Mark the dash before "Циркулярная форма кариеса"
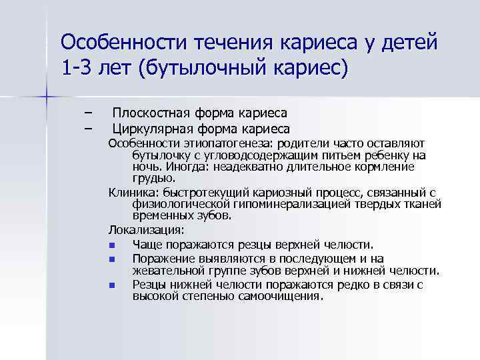[89, 128]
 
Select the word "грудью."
[154, 178]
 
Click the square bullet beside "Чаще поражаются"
[113, 245]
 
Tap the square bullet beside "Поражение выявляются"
[113, 259]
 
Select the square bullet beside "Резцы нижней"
[113, 285]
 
